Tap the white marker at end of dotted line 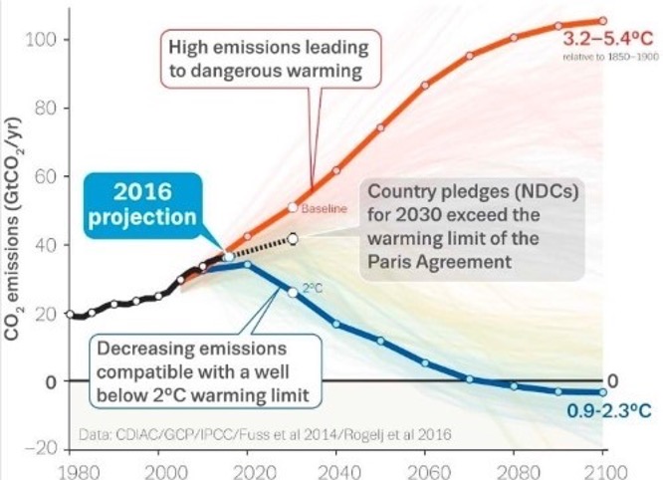pyautogui.click(x=293, y=238)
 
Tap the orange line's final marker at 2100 pyautogui.click(x=601, y=21)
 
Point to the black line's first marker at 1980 pyautogui.click(x=69, y=314)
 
